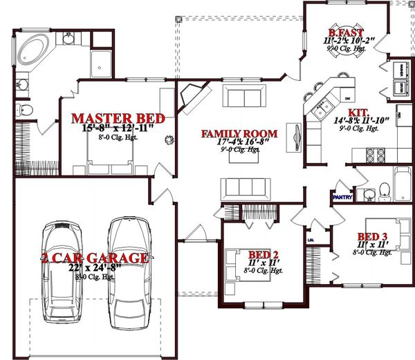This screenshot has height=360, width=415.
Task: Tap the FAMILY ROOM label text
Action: point(239,133)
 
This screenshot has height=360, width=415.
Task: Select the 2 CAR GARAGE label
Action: point(94,258)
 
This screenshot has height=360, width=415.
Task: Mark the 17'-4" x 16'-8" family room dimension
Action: point(239,142)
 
